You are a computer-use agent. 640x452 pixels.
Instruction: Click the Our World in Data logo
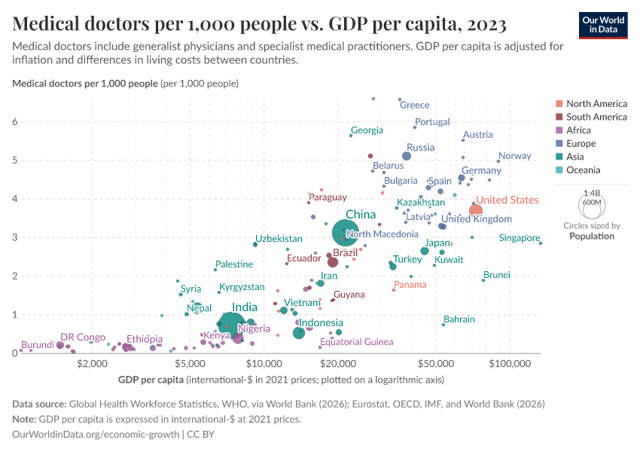603,25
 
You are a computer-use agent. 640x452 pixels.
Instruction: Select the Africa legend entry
579,130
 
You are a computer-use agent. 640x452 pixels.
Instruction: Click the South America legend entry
596,117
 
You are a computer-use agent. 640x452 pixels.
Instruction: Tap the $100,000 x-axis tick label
510,364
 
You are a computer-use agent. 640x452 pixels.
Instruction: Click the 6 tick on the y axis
14,122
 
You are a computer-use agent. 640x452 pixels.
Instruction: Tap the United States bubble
476,209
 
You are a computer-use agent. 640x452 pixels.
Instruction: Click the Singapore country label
520,238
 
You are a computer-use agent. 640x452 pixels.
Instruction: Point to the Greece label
414,105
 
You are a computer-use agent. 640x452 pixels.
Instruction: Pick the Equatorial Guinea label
356,342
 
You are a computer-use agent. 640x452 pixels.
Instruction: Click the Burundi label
37,345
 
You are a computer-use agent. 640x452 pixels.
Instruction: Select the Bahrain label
459,319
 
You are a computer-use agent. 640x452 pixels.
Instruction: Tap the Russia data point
407,156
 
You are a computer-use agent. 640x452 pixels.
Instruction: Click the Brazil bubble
332,262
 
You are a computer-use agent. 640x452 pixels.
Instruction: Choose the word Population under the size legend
592,236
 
